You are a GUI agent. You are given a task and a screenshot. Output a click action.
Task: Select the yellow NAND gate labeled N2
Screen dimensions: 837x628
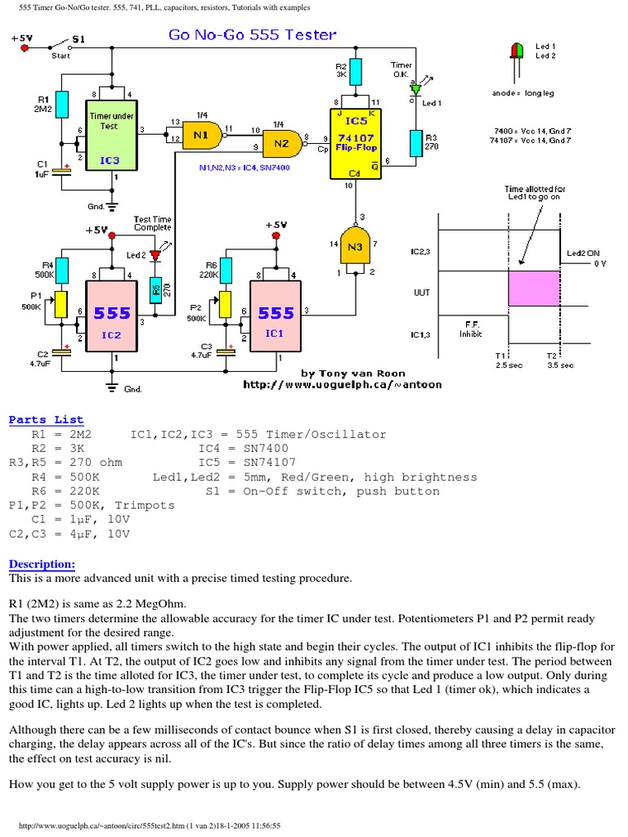[281, 145]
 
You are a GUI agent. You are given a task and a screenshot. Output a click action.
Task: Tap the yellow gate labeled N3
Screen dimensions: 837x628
[353, 248]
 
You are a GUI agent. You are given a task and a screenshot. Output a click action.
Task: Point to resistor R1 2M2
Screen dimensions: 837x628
[61, 107]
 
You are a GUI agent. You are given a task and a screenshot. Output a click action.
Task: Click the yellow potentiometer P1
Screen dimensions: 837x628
[59, 304]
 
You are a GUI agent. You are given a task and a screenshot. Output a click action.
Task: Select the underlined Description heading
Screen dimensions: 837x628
[42, 564]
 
